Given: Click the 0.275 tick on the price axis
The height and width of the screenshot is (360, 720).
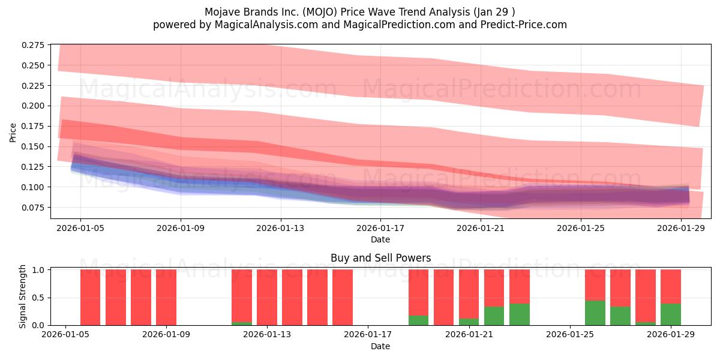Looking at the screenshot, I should (x=34, y=45).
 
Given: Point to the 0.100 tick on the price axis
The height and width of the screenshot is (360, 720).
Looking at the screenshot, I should (x=34, y=187).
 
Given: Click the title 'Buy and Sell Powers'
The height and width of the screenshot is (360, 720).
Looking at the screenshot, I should (x=380, y=259).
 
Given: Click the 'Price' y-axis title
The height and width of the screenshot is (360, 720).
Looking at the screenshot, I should (x=14, y=132).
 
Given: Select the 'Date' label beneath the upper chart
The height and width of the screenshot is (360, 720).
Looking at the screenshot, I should (x=380, y=239).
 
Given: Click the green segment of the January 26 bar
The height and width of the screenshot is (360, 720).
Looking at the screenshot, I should (x=595, y=313).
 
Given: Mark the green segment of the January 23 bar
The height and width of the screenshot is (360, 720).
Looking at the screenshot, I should (x=519, y=314).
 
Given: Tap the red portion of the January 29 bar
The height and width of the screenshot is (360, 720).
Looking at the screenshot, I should (x=670, y=286).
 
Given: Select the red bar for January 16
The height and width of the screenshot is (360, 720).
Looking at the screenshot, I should (x=343, y=297).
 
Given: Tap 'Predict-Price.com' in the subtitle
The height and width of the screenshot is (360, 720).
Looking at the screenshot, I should (x=523, y=25).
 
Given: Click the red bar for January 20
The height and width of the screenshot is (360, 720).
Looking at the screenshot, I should (x=443, y=297).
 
